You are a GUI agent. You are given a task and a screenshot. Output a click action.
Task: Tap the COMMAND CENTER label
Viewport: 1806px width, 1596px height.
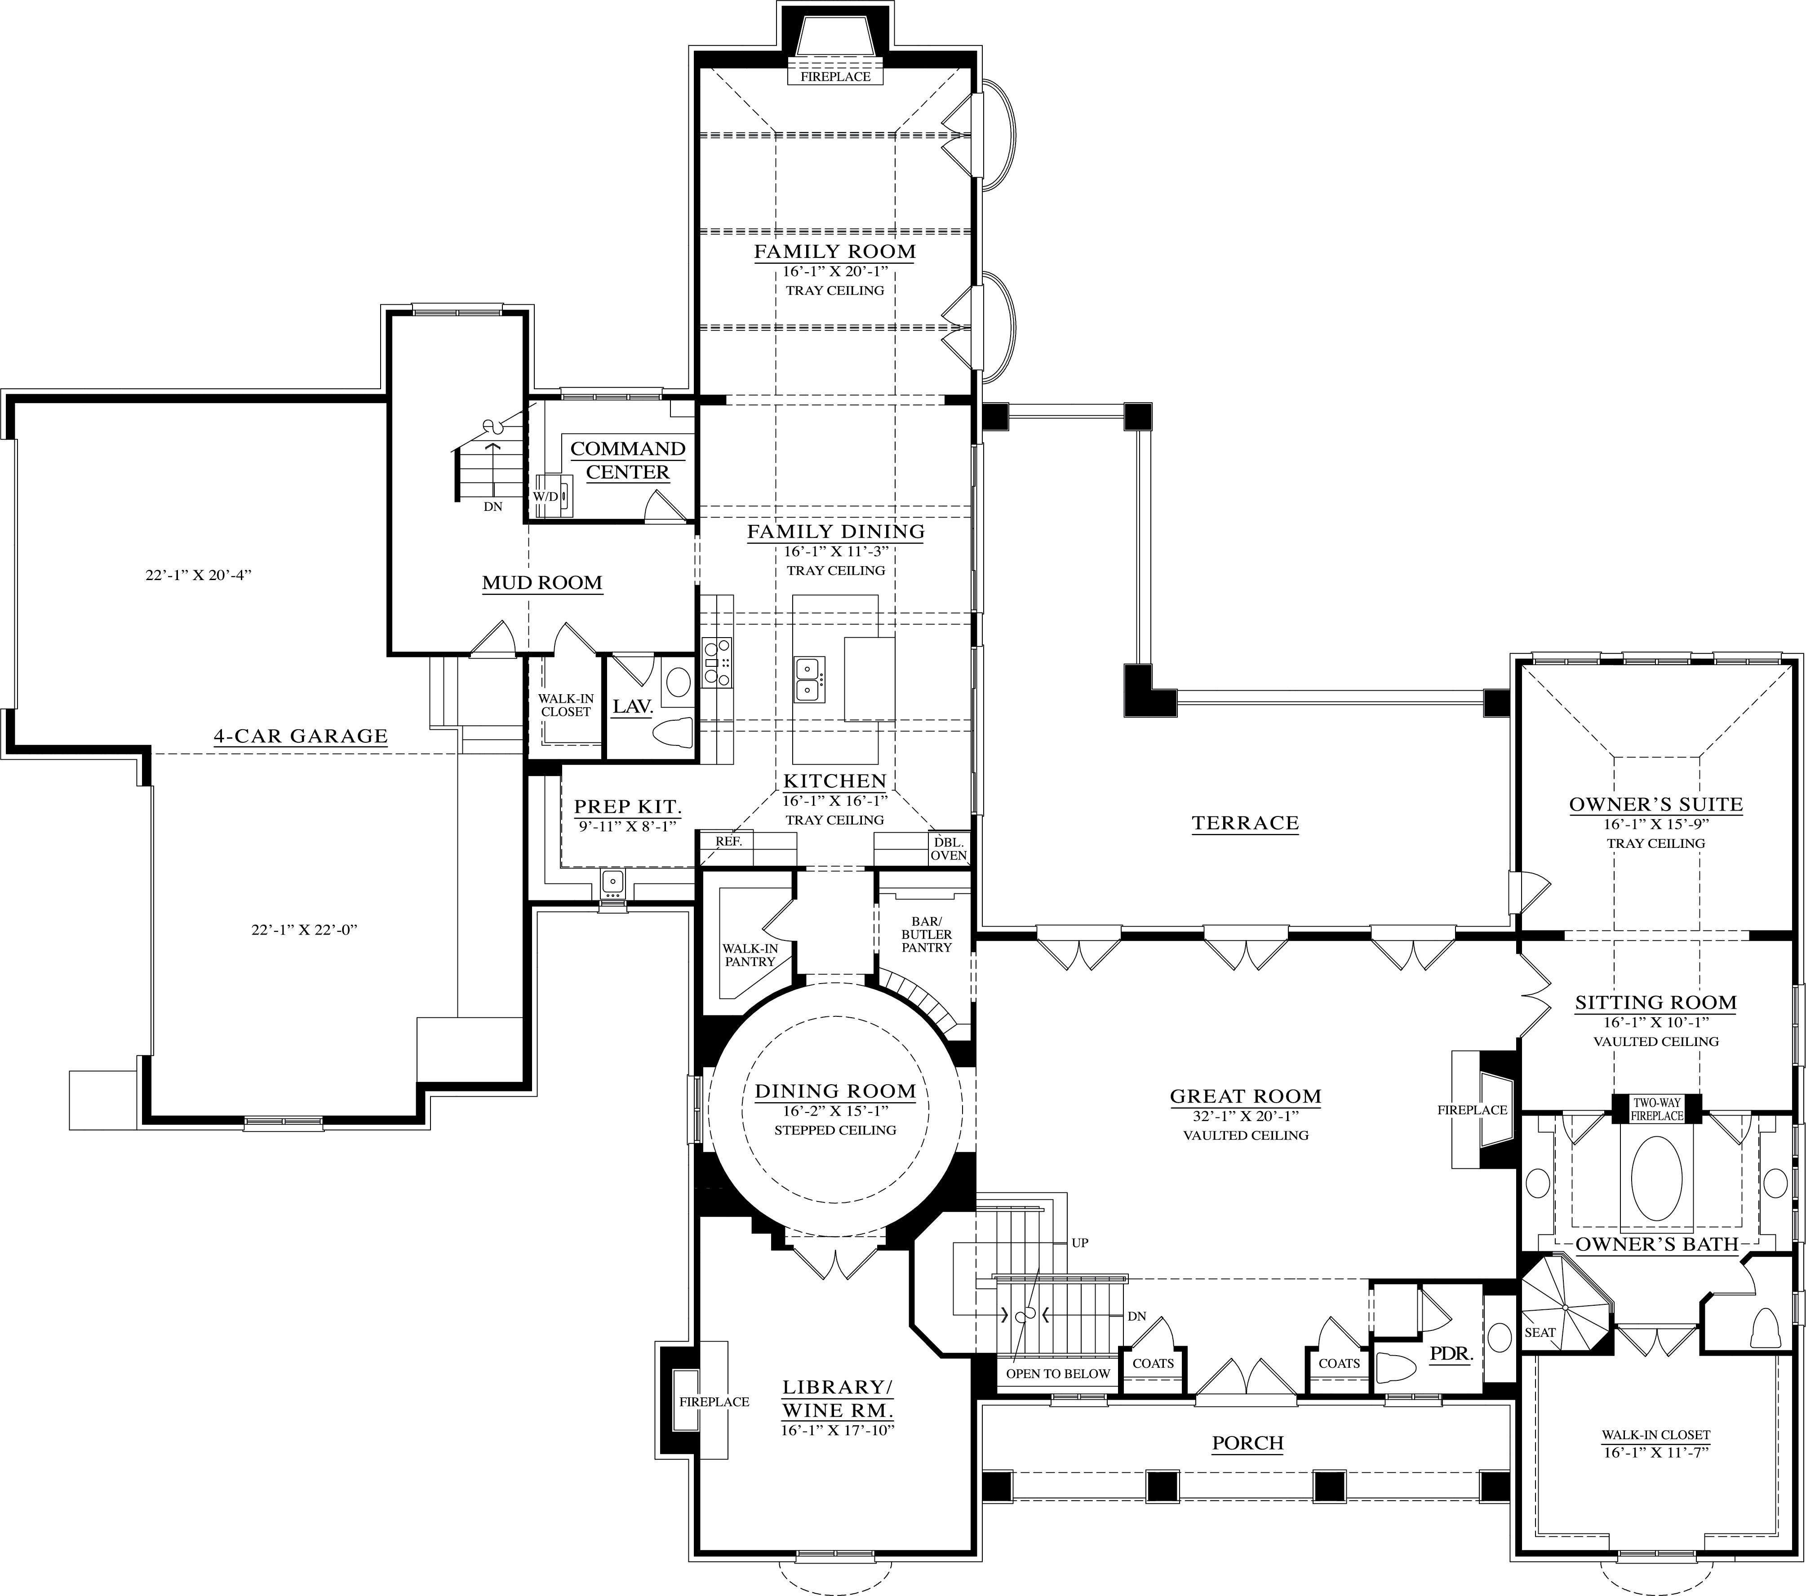click(x=628, y=461)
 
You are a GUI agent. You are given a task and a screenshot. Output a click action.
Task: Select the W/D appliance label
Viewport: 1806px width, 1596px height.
click(x=545, y=497)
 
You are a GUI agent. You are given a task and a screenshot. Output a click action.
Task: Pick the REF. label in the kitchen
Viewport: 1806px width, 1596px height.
click(x=728, y=841)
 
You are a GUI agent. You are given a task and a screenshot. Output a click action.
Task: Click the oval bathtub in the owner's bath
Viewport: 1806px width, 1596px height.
click(x=1657, y=1178)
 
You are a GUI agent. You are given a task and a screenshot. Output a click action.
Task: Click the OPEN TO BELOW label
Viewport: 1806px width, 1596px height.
click(x=1058, y=1373)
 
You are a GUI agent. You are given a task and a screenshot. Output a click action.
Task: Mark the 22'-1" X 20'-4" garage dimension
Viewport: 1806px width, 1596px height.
click(x=199, y=574)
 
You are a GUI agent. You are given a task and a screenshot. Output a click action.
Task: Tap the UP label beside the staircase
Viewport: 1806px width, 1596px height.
click(x=1080, y=1242)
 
